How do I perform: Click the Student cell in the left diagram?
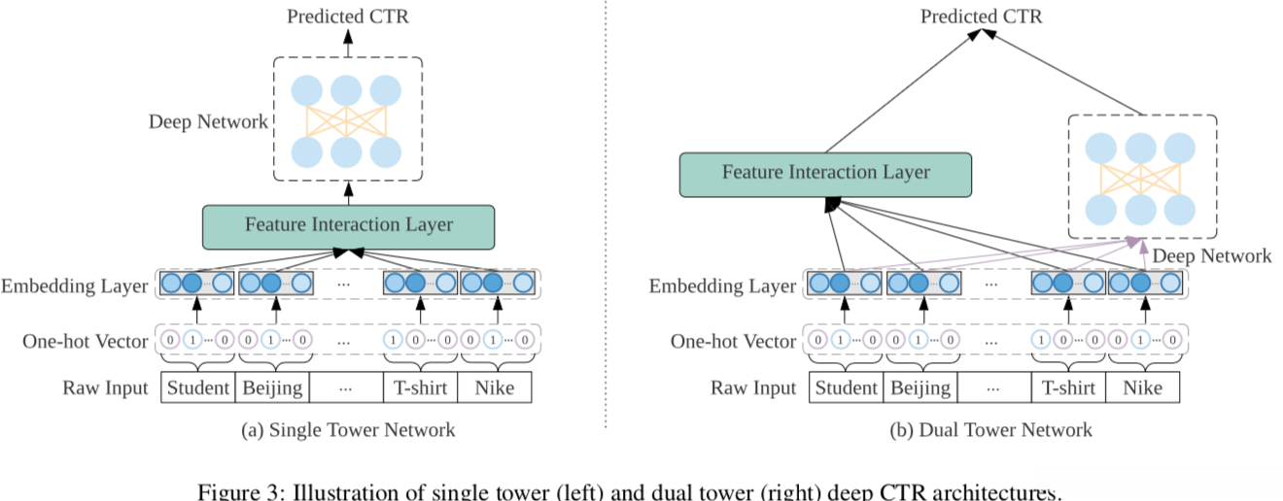click(x=198, y=388)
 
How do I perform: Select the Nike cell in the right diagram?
click(x=1142, y=388)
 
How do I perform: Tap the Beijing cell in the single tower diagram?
click(x=272, y=388)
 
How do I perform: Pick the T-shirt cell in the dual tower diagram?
click(x=1069, y=388)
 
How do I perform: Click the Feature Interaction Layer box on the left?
click(x=348, y=225)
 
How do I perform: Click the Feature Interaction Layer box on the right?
click(x=825, y=173)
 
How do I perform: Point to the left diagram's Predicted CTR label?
click(x=347, y=17)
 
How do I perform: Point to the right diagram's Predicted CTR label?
click(x=981, y=17)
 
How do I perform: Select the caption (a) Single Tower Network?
click(x=348, y=429)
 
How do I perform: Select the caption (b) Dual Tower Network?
click(x=990, y=429)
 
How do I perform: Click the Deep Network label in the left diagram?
click(x=208, y=122)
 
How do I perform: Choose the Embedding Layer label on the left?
click(x=75, y=285)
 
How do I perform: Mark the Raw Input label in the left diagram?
click(x=106, y=388)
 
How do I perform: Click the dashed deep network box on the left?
click(x=347, y=118)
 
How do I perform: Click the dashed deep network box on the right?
click(x=1142, y=177)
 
